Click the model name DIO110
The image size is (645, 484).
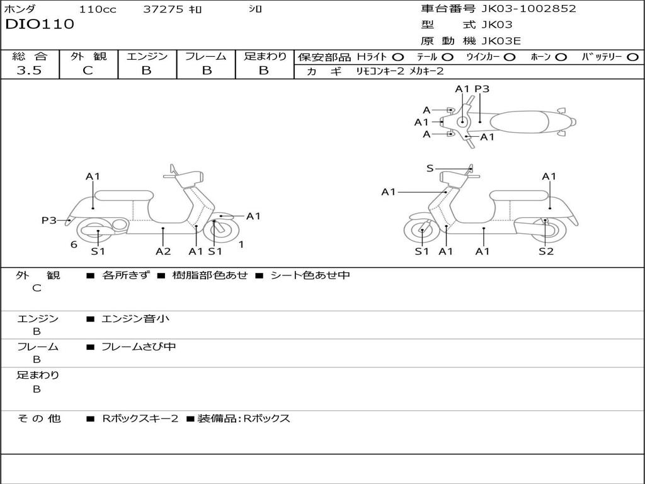point(40,25)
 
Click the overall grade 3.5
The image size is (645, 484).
point(29,71)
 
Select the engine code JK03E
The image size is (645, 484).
point(501,41)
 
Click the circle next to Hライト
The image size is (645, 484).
point(398,57)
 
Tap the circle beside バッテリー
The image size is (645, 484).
point(632,57)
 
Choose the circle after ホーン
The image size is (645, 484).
point(561,57)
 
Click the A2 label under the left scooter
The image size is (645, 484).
point(163,251)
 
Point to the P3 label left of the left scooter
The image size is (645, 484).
point(49,221)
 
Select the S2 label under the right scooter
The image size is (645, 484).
point(545,251)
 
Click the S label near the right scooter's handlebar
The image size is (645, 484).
point(430,168)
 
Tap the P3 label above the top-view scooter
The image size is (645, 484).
point(482,89)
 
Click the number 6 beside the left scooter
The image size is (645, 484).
point(74,245)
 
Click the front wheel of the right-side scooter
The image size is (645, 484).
point(422,231)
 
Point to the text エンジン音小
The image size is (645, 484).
point(135,319)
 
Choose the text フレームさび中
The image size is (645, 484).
point(139,347)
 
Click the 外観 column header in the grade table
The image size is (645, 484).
point(88,57)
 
